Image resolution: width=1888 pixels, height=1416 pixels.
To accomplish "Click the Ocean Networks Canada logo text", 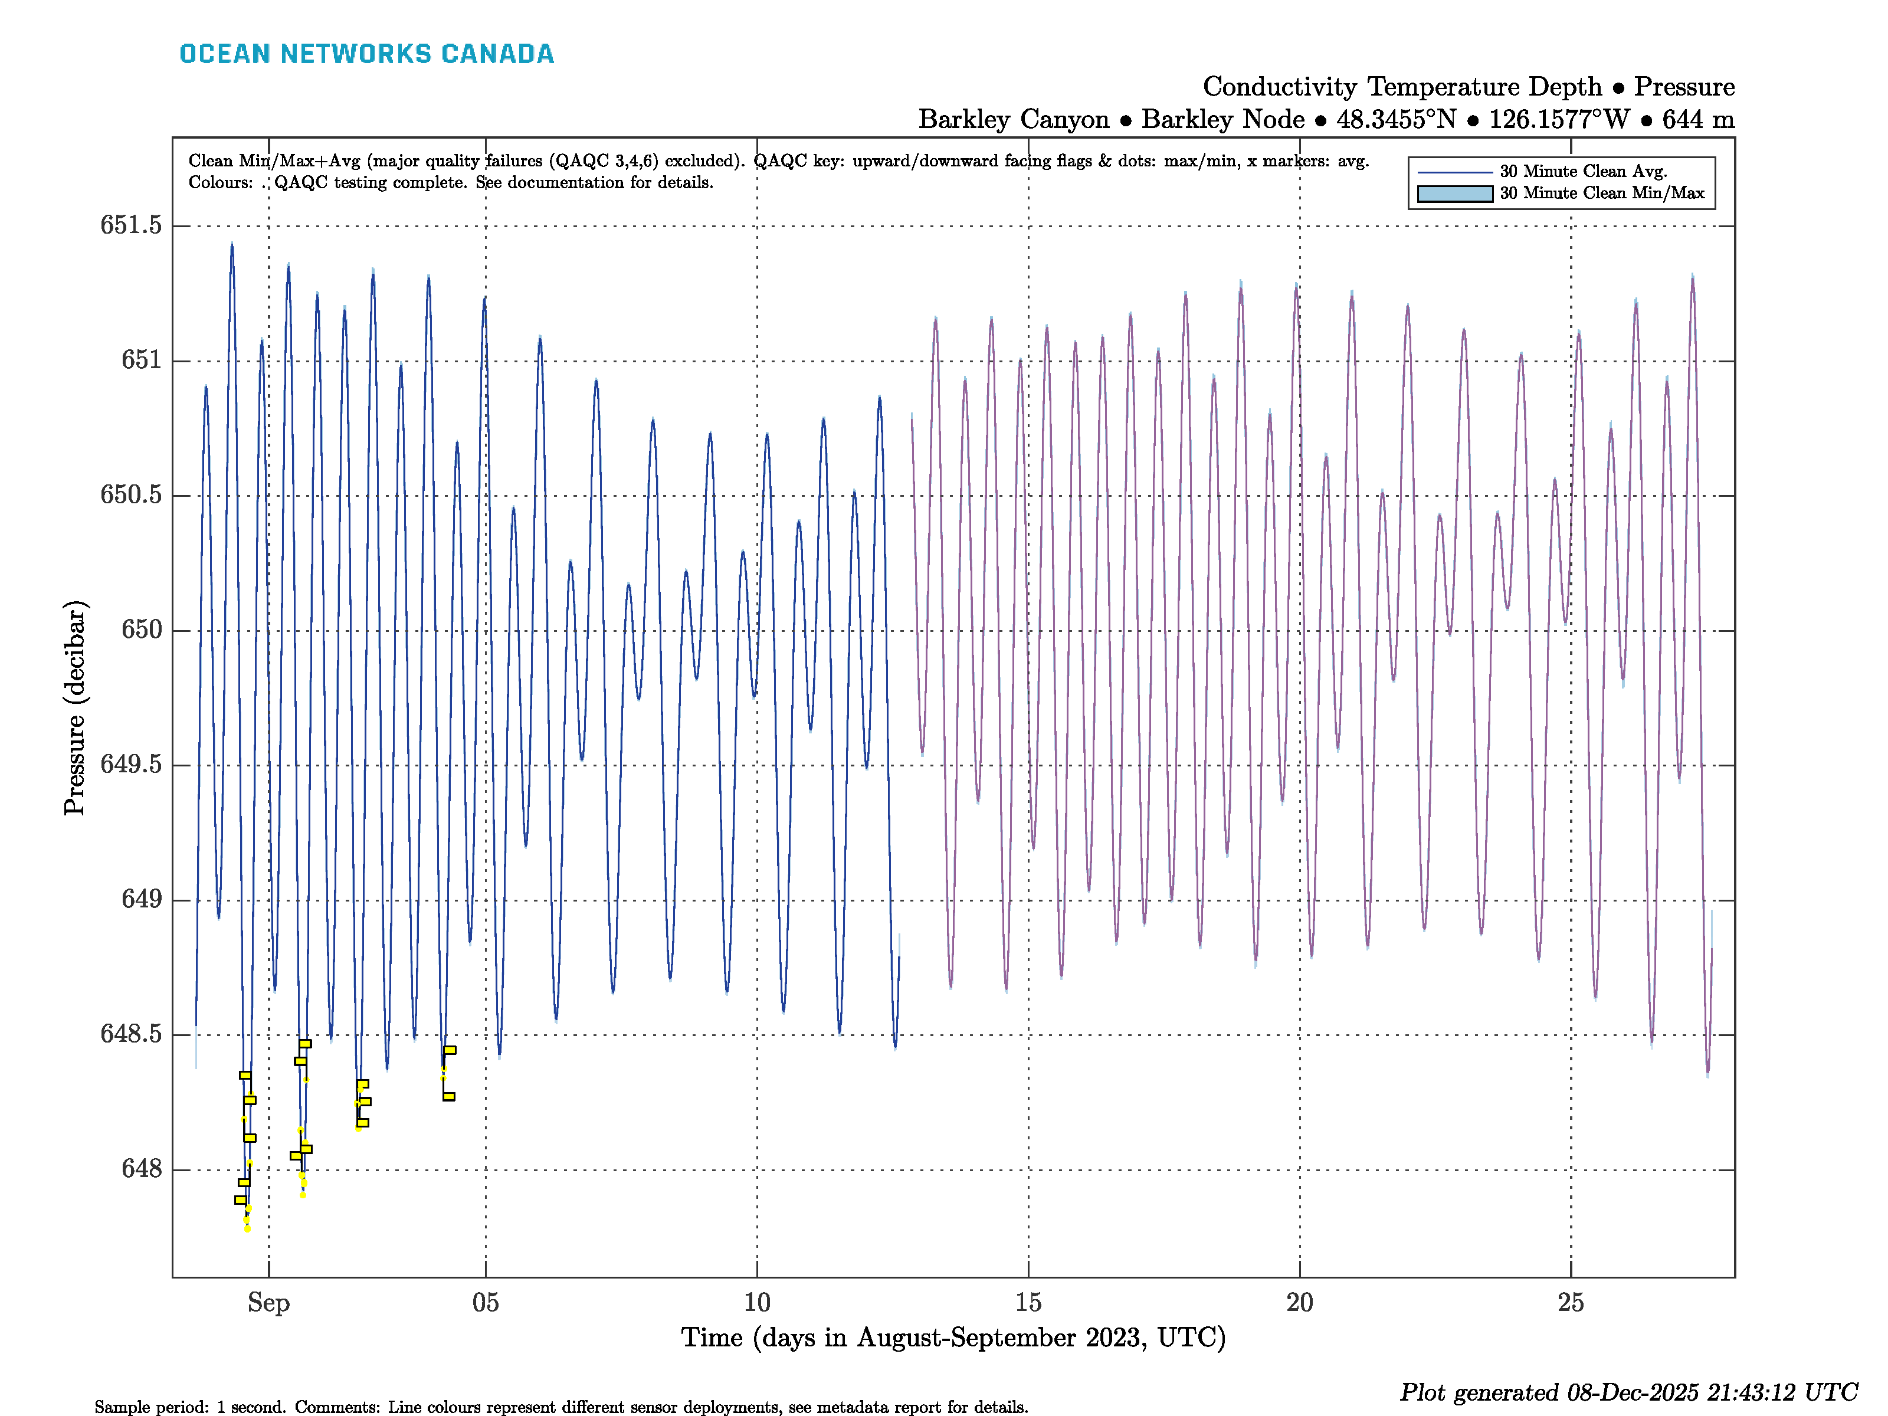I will click(x=366, y=54).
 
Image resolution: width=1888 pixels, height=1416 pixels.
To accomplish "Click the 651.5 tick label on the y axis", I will click(x=130, y=225).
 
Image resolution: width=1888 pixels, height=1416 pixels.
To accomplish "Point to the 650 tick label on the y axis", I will click(x=141, y=630).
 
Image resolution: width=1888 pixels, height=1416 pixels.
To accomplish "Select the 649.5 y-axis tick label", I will click(x=130, y=764).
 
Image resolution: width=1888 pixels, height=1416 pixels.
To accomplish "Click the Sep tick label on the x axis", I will click(x=269, y=1303).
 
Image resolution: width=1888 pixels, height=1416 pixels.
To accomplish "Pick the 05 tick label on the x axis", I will click(x=486, y=1303).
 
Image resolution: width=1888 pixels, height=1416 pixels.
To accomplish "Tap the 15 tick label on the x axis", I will click(x=1028, y=1303).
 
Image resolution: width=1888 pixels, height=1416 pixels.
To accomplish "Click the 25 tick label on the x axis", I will click(x=1571, y=1303).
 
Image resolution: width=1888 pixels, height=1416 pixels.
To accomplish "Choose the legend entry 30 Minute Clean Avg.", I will click(x=1584, y=172).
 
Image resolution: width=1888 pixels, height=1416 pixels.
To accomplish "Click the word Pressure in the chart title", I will click(x=1684, y=87).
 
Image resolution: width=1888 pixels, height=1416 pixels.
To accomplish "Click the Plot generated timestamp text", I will click(x=1628, y=1393).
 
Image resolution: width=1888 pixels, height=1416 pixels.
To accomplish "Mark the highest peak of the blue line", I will click(x=232, y=246).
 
